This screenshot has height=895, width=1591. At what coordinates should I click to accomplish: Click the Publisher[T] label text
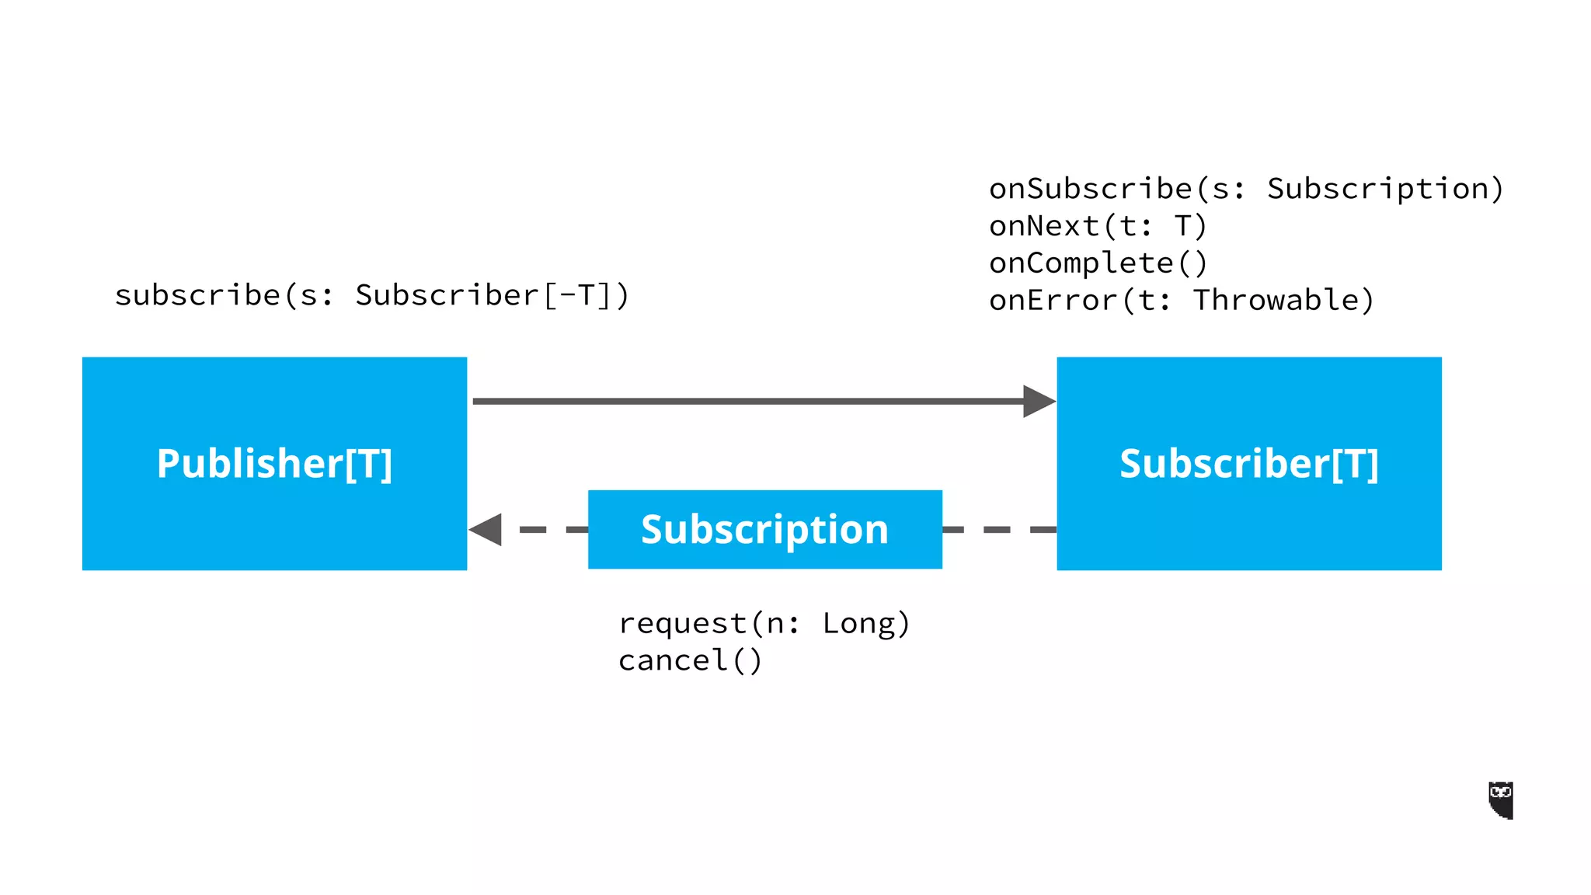[274, 464]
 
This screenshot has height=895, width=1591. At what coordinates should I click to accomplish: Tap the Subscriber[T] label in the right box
[1248, 464]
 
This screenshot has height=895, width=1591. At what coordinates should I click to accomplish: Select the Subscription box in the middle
[764, 530]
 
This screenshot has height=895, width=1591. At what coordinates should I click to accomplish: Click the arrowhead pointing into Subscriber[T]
[1039, 401]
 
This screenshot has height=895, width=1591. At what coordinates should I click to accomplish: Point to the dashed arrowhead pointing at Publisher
[486, 530]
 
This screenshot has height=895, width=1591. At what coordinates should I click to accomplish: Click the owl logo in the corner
[1500, 799]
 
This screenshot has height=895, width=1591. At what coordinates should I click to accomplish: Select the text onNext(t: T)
[1097, 226]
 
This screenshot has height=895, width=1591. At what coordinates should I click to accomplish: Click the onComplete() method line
[1097, 263]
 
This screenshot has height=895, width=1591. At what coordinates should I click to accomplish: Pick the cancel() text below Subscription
[690, 661]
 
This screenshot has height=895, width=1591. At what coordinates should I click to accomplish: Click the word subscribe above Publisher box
[197, 296]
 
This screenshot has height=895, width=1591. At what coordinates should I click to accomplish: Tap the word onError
[1053, 301]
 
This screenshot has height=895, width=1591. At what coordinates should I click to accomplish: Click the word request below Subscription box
[682, 624]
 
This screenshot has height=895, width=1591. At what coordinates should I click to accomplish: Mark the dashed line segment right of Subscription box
[998, 530]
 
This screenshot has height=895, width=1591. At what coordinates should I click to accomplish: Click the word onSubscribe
[1090, 189]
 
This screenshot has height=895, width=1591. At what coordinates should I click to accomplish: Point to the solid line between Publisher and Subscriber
[746, 401]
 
